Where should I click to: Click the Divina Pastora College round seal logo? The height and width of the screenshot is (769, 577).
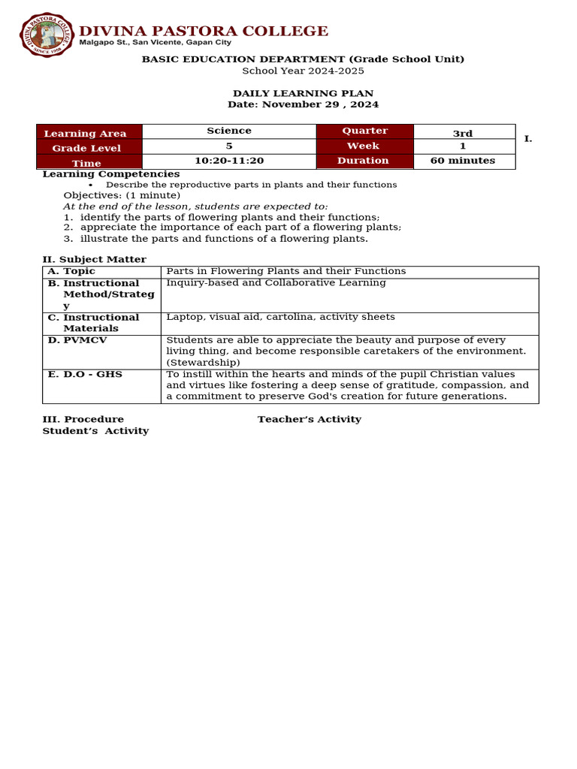[46, 33]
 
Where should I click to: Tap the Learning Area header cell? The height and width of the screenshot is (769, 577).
[89, 133]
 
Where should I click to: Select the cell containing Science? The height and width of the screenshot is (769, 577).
[229, 131]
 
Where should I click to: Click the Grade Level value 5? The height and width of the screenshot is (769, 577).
[229, 146]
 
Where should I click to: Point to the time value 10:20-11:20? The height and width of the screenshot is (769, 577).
[229, 161]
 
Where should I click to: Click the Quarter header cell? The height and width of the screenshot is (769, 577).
[364, 131]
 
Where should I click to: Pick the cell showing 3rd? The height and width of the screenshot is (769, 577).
[463, 133]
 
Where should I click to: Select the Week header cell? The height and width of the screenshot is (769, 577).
[364, 146]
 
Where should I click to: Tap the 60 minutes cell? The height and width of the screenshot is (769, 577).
[463, 161]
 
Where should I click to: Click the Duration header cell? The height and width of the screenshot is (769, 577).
[364, 161]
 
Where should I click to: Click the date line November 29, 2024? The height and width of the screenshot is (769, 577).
[303, 104]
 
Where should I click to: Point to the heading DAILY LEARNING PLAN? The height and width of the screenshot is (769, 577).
[303, 93]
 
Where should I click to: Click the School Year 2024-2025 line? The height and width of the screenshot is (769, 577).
[303, 71]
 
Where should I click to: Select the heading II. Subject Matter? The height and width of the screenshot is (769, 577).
[94, 259]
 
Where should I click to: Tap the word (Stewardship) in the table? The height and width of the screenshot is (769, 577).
[203, 362]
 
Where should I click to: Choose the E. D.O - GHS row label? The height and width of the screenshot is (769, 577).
[85, 374]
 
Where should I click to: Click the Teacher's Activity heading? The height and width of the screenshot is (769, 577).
[309, 419]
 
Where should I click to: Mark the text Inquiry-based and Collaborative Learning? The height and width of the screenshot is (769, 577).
[276, 283]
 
